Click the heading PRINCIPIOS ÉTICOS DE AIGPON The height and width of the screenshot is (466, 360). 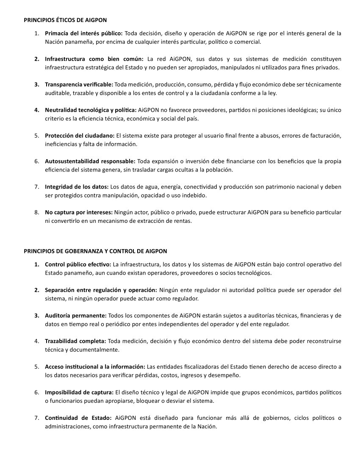click(x=65, y=20)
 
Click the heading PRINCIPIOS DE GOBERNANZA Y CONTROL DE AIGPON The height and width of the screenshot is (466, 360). click(x=95, y=251)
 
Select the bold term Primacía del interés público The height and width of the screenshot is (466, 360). click(x=83, y=33)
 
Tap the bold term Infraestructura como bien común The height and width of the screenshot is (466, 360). click(x=94, y=59)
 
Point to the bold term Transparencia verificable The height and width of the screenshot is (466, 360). click(x=79, y=85)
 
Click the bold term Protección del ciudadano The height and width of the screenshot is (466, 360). click(x=80, y=136)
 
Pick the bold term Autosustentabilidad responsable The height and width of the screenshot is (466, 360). click(x=90, y=161)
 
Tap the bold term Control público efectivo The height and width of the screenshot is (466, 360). click(x=78, y=264)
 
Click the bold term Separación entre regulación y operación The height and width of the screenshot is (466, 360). click(x=101, y=290)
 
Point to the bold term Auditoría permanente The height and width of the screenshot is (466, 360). click(x=76, y=316)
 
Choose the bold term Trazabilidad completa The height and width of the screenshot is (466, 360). click(x=76, y=341)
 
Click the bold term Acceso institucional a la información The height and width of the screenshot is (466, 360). click(x=95, y=366)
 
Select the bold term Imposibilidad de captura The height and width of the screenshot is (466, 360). click(x=79, y=392)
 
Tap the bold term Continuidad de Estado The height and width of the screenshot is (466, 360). click(x=78, y=418)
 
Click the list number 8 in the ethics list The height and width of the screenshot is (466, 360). click(x=37, y=212)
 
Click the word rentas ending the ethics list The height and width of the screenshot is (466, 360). click(x=183, y=221)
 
